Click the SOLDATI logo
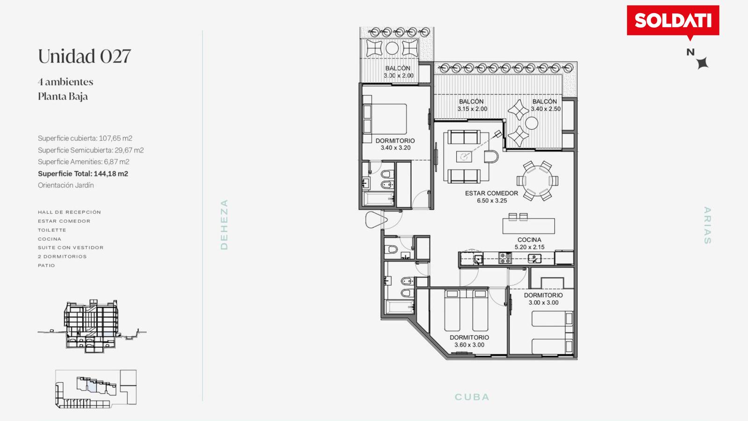673,21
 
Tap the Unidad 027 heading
84,56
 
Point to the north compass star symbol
703,63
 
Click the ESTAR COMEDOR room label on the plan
491,193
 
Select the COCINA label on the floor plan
529,240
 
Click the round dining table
537,181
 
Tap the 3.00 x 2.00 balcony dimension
398,75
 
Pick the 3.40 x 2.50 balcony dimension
546,109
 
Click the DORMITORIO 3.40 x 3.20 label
396,145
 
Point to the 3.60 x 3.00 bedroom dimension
469,345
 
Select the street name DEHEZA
224,225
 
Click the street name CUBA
472,397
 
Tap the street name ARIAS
707,225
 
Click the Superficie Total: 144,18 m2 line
83,174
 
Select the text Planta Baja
63,96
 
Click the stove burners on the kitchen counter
504,258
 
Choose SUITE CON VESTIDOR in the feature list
71,247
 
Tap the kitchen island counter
529,226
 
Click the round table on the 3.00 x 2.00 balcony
392,48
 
